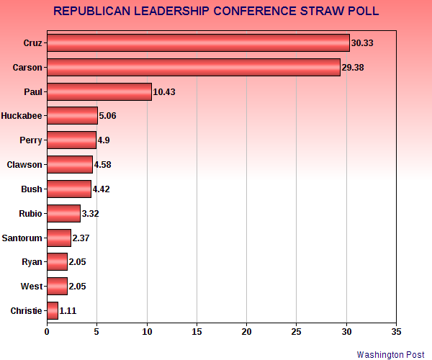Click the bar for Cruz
pos(198,42)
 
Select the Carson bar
pos(193,67)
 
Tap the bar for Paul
pos(99,91)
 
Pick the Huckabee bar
pos(72,115)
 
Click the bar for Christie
pos(52,310)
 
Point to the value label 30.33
pos(363,43)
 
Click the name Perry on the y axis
pos(30,140)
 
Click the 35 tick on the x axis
pos(396,332)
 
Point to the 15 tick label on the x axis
pos(197,332)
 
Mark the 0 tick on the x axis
pos(47,332)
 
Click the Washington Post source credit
pos(391,354)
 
